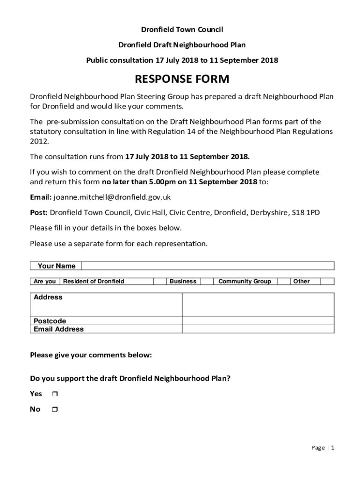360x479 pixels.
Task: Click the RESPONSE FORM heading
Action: [182, 79]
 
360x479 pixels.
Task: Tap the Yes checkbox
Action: [55, 394]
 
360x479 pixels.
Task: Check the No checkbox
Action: [55, 410]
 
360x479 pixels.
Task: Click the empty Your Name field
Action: [208, 266]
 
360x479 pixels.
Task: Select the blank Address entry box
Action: [258, 305]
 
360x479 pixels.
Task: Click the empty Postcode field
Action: [258, 321]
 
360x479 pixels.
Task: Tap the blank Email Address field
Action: [258, 329]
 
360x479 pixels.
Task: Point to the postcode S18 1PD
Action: [306, 213]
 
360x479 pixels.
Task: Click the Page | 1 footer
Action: [323, 448]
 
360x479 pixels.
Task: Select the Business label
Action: [183, 282]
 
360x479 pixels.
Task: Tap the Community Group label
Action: [245, 282]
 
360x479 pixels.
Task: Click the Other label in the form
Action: [301, 282]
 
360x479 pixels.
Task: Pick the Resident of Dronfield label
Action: [94, 282]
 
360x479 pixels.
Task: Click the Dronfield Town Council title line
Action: [182, 30]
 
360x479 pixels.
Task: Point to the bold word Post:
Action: [39, 213]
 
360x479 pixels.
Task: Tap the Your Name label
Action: [57, 266]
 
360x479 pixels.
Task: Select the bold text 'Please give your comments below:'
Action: [91, 355]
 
